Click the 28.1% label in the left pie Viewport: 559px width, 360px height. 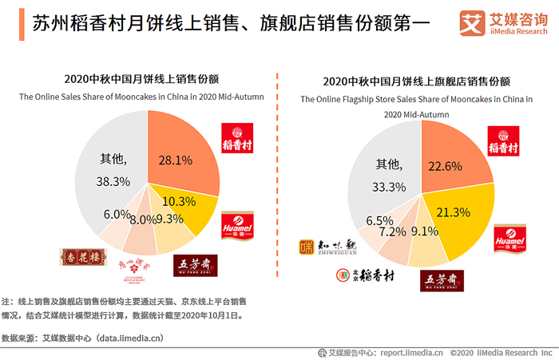(175, 160)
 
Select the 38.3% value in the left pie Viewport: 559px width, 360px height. (113, 181)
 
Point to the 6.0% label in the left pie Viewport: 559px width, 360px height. (117, 214)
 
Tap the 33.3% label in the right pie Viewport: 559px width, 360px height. (389, 187)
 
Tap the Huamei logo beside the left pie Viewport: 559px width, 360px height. (238, 225)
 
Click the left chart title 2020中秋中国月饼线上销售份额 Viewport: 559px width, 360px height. (142, 79)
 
